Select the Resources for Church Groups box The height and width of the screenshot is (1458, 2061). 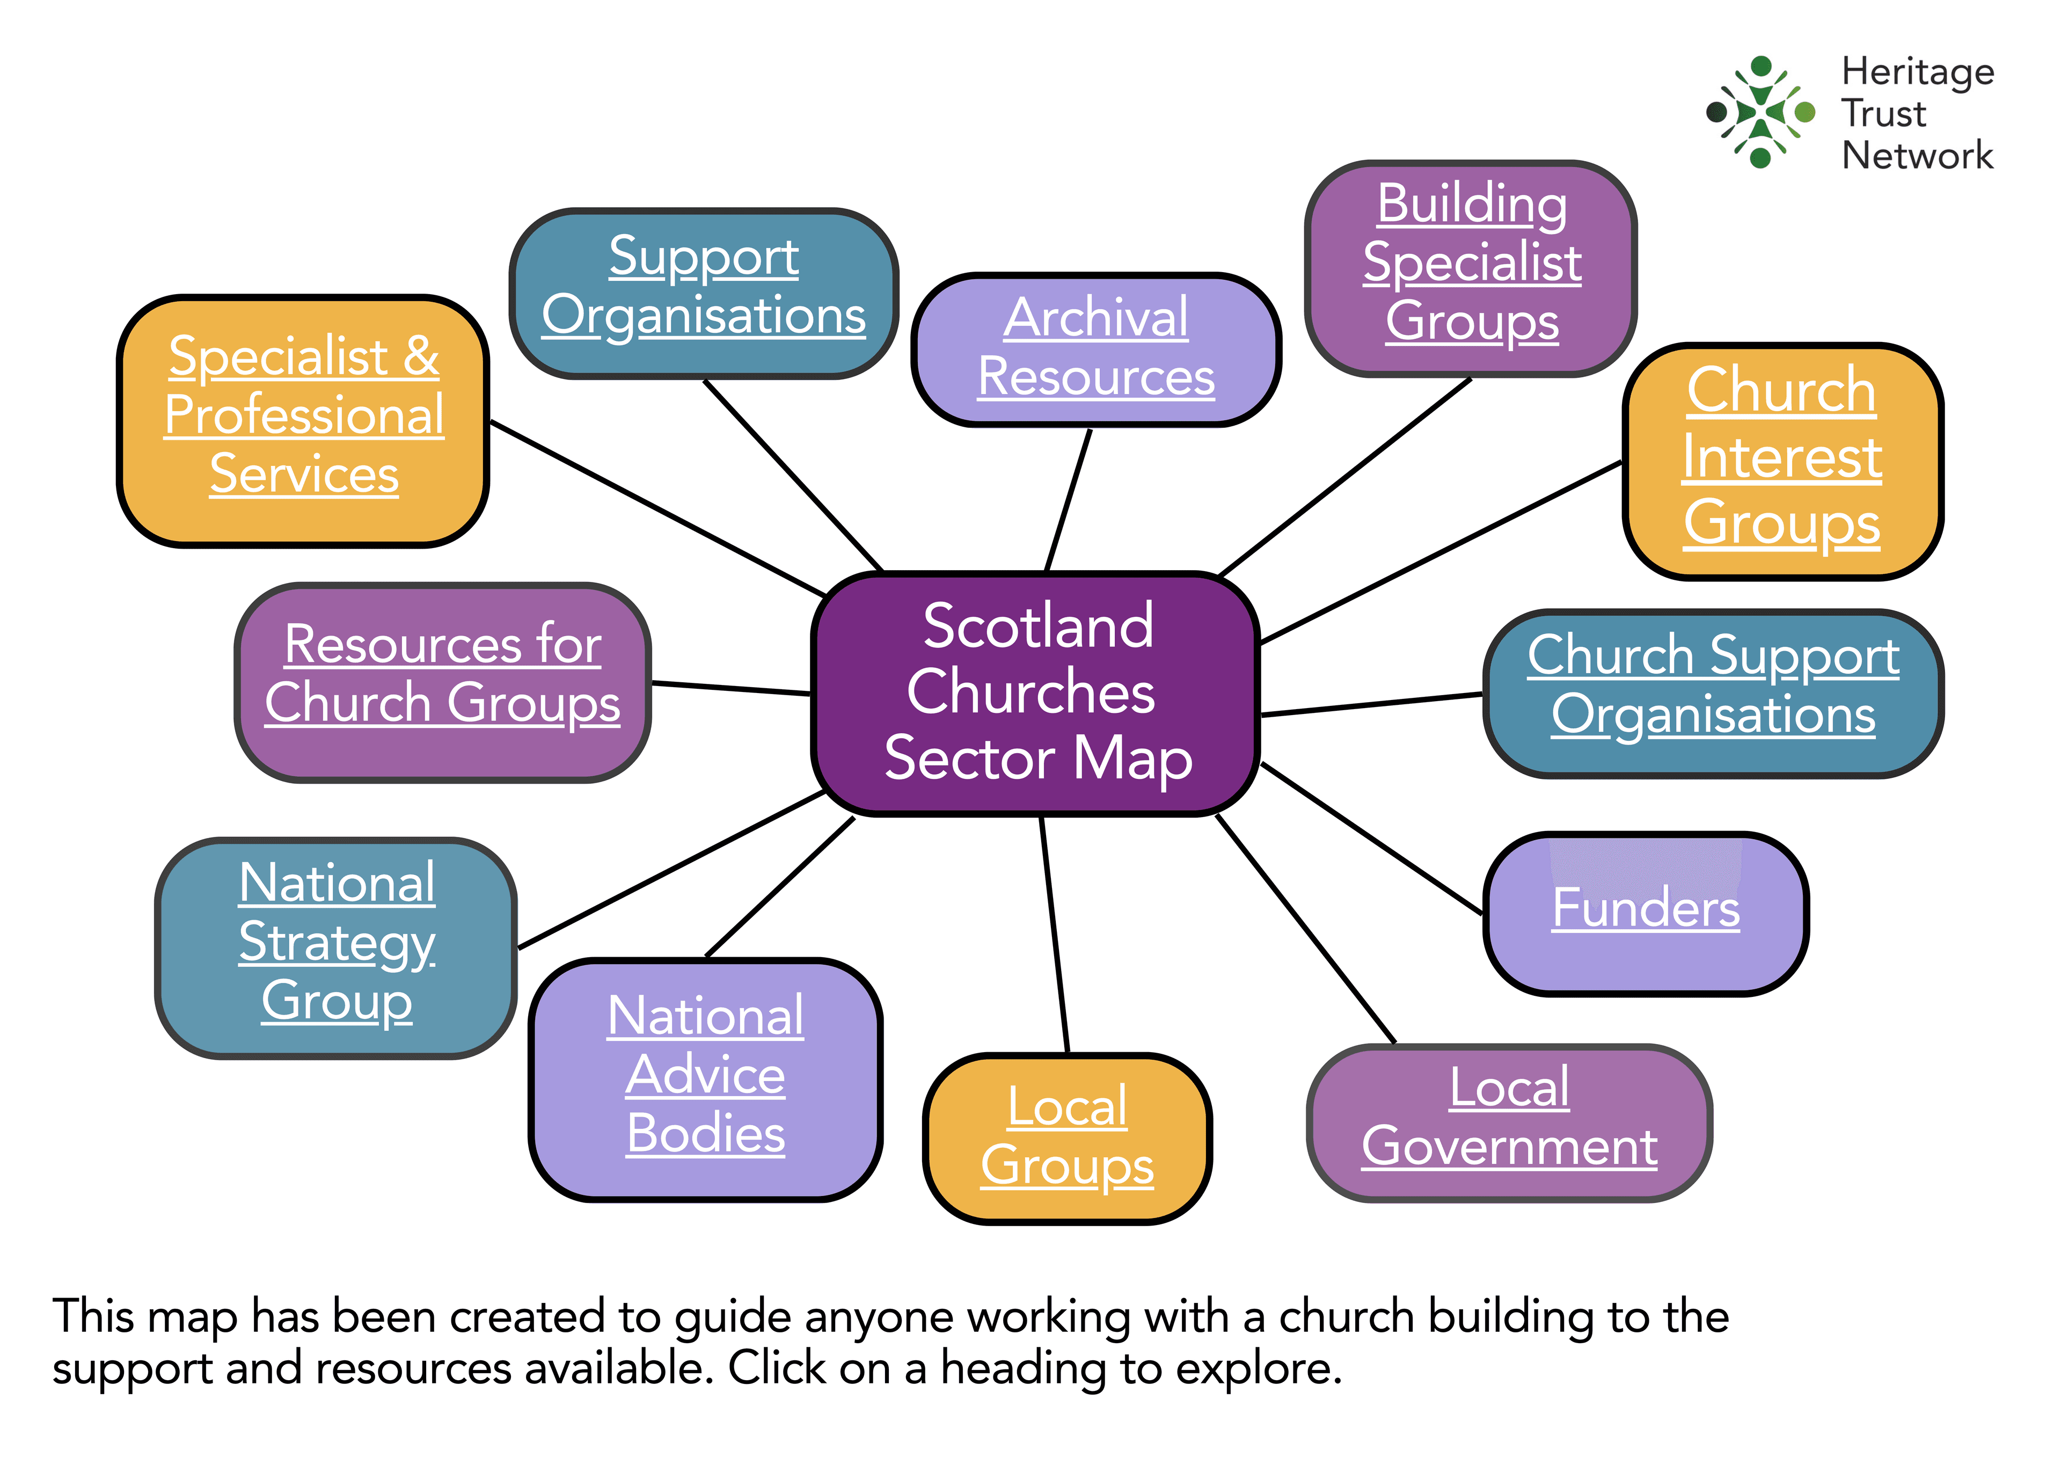coord(443,678)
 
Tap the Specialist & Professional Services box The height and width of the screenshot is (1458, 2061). coord(303,418)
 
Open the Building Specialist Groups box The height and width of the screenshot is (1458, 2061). coord(1471,265)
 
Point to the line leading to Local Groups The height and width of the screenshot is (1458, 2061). coord(1055,934)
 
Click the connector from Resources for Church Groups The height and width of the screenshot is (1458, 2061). coord(732,689)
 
